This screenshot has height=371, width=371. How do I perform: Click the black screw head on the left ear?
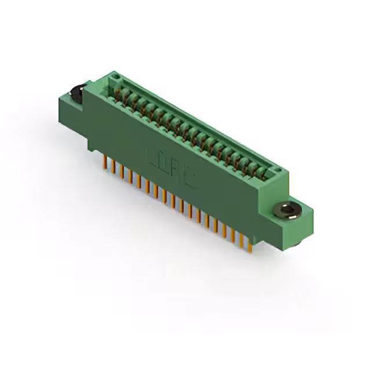pos(76,93)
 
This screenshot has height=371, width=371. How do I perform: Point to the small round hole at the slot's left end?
pos(115,76)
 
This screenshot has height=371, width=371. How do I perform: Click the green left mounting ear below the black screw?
pos(70,108)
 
